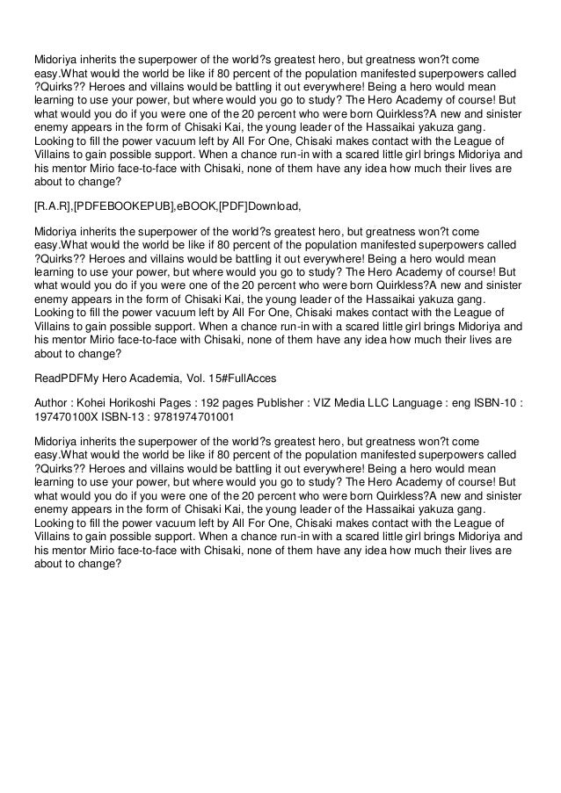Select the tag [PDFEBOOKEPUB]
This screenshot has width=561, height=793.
pos(120,206)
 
